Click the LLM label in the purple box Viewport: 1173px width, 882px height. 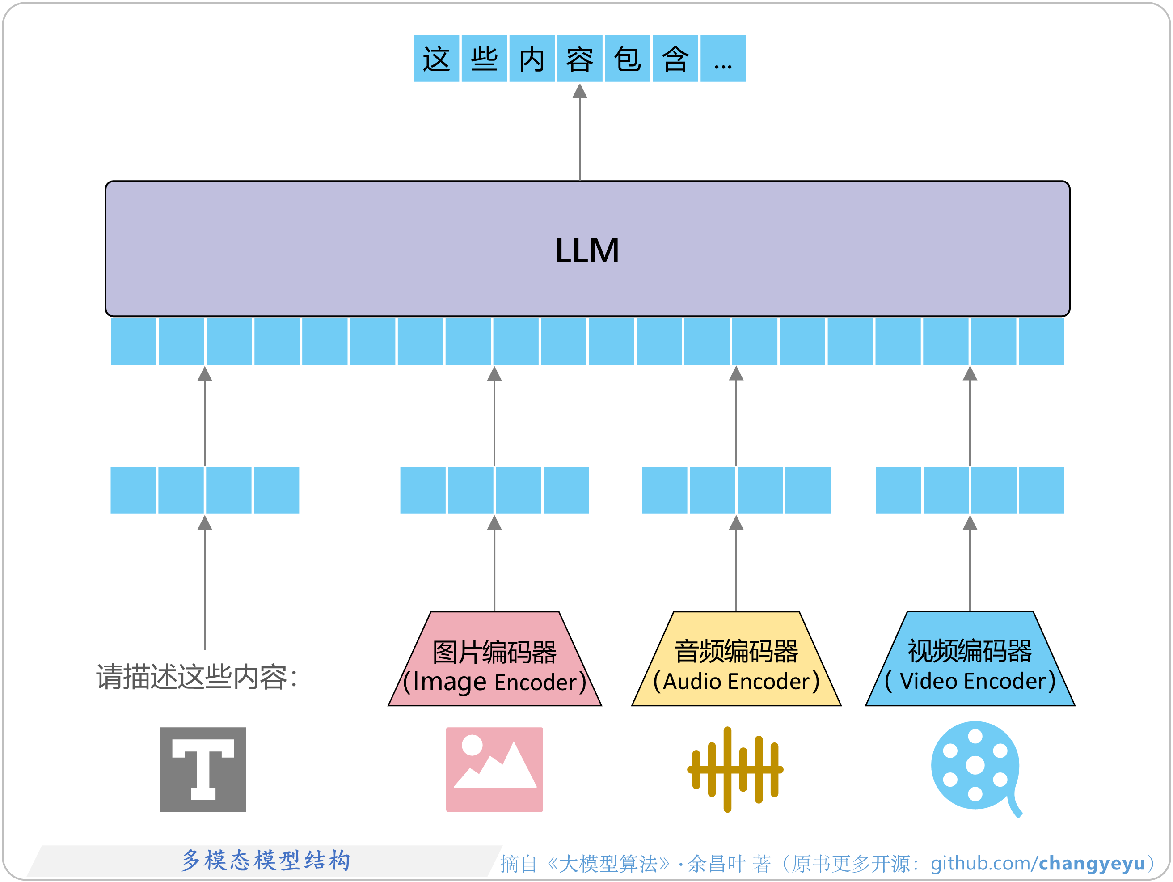[x=586, y=250]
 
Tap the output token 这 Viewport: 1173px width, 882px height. [x=436, y=59]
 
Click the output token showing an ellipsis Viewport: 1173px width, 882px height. [x=723, y=59]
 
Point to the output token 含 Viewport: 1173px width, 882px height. [x=675, y=59]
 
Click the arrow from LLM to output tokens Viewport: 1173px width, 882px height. [x=580, y=133]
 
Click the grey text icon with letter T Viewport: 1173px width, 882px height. [x=203, y=769]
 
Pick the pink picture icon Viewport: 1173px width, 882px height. [x=494, y=769]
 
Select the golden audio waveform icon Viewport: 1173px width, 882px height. [x=734, y=769]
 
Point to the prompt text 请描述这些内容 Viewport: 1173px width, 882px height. [x=196, y=677]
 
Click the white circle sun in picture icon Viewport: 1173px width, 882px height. [x=472, y=745]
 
